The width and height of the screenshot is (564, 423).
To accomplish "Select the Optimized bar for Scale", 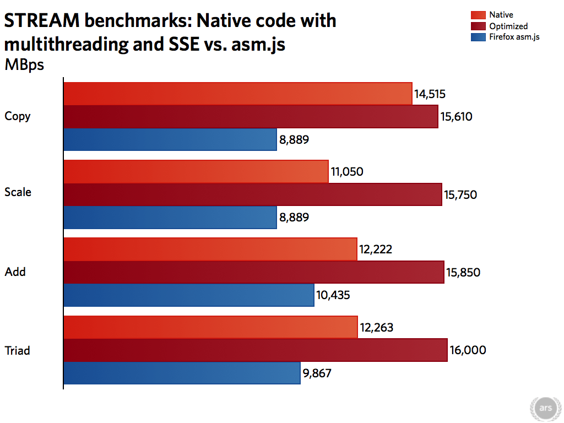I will tap(253, 194).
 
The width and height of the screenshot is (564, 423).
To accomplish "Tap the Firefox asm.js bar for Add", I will tap(189, 295).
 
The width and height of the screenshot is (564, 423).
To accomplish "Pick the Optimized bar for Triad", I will tap(256, 350).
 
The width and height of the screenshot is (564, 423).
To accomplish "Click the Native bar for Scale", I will tap(196, 172).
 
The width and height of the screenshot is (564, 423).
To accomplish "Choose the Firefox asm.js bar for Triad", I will tap(182, 373).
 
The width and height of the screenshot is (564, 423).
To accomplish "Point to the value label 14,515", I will tap(430, 94).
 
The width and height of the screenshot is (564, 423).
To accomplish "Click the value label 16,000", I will tap(468, 350).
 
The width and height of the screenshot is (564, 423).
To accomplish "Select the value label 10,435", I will tap(333, 295).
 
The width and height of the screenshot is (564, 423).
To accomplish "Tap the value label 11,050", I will tap(347, 172).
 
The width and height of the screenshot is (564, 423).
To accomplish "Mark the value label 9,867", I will tap(317, 373).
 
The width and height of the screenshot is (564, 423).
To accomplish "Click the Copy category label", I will tap(18, 116).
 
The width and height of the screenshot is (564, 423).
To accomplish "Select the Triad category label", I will tap(18, 350).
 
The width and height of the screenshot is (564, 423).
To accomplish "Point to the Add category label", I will tap(15, 272).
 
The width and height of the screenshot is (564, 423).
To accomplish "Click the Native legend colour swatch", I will tap(478, 15).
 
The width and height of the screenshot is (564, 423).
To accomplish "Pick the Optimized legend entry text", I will tap(508, 26).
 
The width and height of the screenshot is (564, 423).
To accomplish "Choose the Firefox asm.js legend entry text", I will tap(514, 37).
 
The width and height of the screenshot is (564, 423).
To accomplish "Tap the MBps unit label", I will tap(24, 64).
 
